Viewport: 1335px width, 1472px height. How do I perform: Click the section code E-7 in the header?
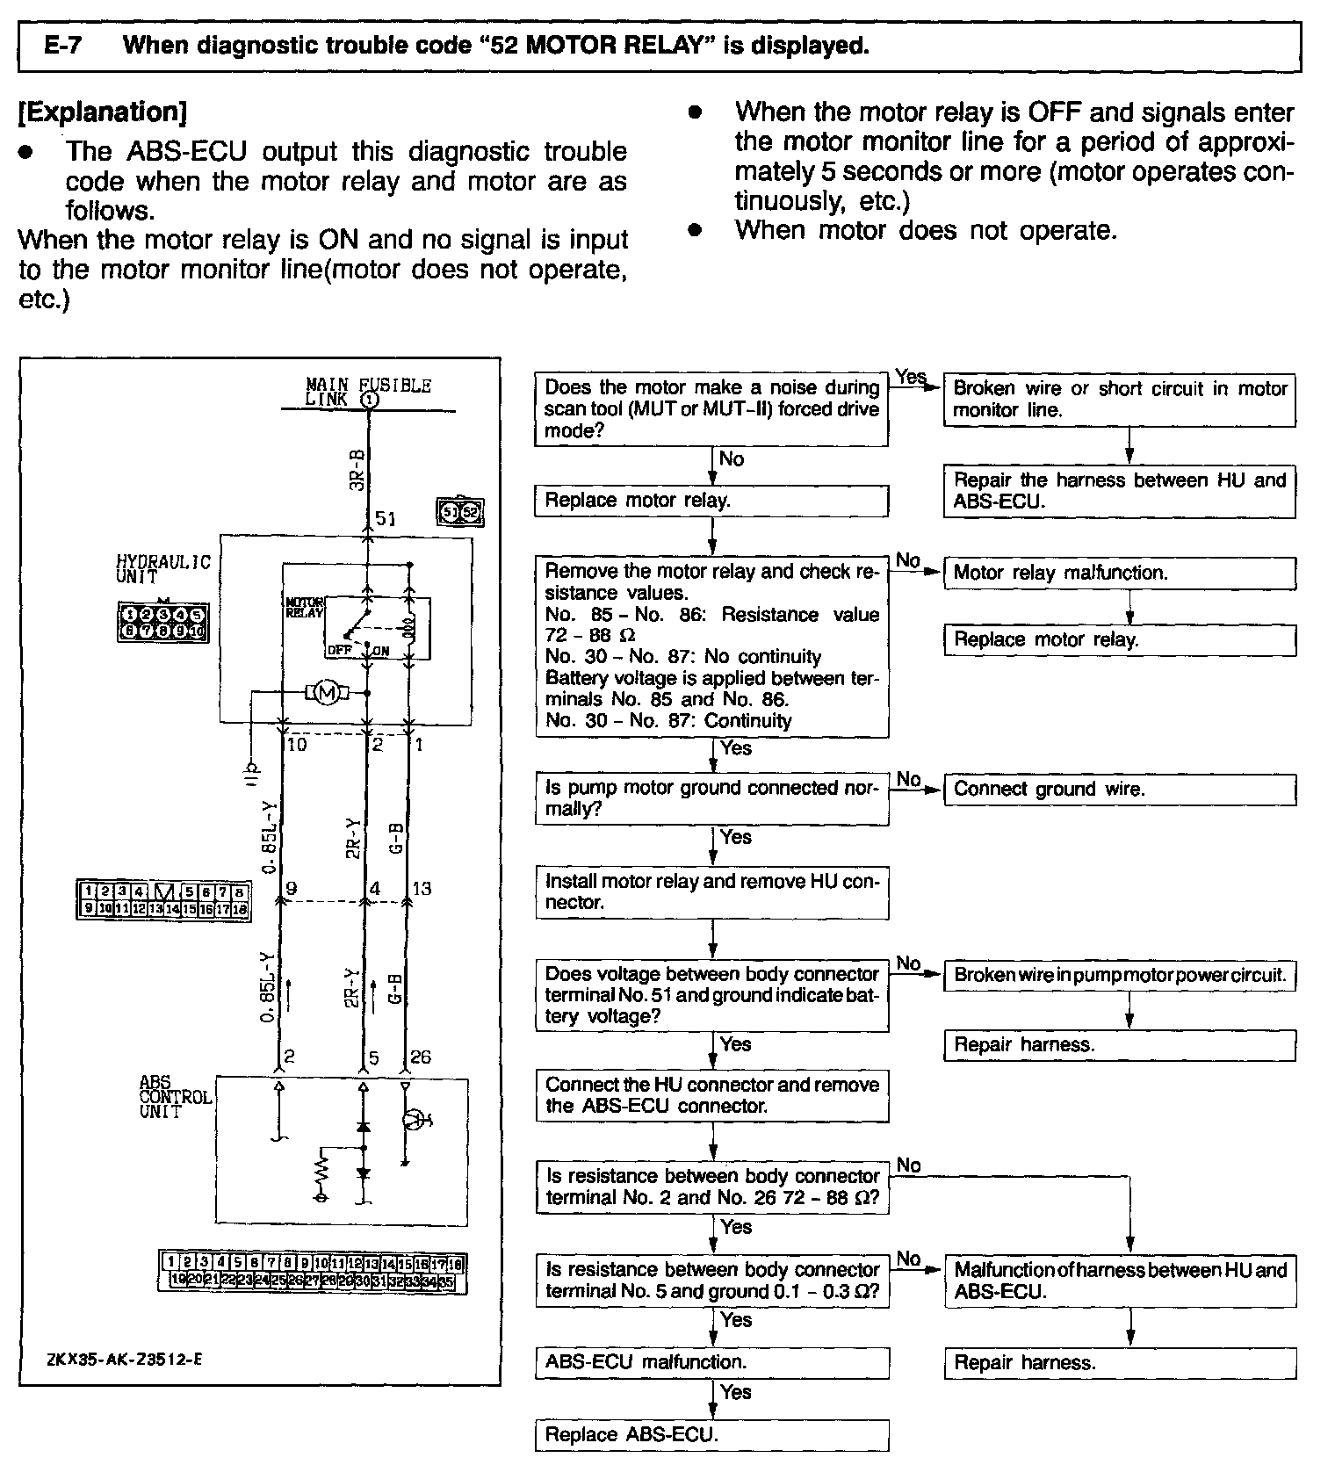tap(62, 46)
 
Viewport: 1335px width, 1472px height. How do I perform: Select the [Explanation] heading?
tap(103, 112)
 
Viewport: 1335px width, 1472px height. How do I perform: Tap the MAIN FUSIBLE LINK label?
tap(368, 392)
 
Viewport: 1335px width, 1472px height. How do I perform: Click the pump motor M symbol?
tap(327, 693)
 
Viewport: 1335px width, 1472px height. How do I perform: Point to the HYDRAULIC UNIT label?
tap(163, 569)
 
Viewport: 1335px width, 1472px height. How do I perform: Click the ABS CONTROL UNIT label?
tap(175, 1097)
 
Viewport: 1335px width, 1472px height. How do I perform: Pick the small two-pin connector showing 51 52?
tap(460, 511)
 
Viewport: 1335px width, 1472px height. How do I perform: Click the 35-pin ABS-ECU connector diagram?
tap(312, 1272)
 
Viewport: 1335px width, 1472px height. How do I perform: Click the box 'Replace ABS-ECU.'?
tap(711, 1435)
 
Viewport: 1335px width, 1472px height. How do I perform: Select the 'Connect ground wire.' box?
tap(1119, 789)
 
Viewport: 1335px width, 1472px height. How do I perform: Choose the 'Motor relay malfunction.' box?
tap(1119, 573)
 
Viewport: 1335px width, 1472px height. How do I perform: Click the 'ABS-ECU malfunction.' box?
tap(711, 1362)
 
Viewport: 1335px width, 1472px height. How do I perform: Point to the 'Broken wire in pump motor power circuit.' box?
tap(1119, 975)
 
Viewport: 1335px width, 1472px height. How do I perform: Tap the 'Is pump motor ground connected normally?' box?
tap(711, 798)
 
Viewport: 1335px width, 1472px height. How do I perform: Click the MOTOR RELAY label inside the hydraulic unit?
tap(305, 607)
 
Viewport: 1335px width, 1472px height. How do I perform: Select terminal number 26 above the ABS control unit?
tap(421, 1057)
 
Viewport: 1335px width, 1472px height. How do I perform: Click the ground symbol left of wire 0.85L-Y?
tap(251, 769)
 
